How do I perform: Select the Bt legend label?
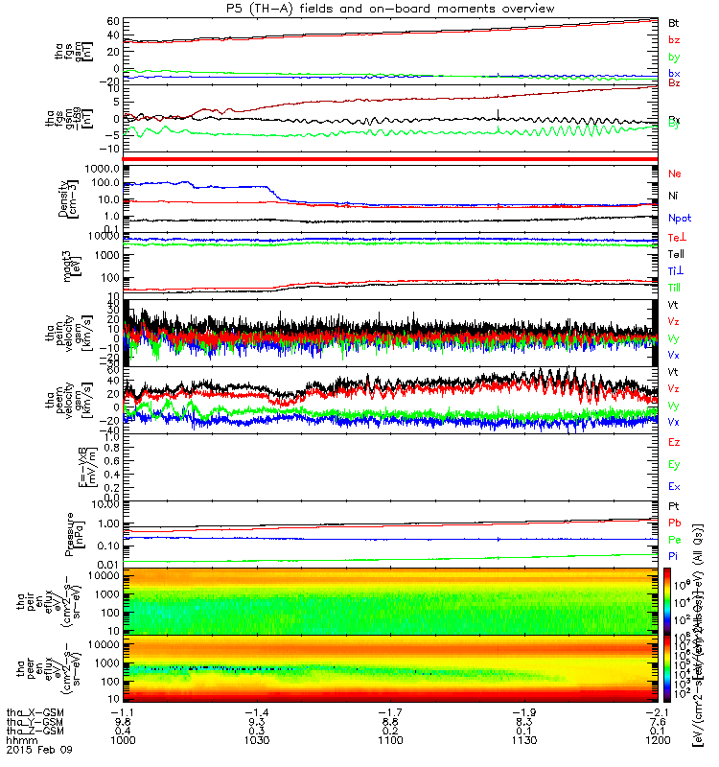click(674, 21)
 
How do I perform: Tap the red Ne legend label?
click(674, 174)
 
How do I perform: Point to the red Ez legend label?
click(674, 442)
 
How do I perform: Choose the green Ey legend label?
click(674, 464)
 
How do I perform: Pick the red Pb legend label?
click(674, 523)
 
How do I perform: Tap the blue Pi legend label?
click(674, 555)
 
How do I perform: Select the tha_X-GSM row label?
click(34, 710)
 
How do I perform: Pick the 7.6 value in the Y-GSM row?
click(658, 721)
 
